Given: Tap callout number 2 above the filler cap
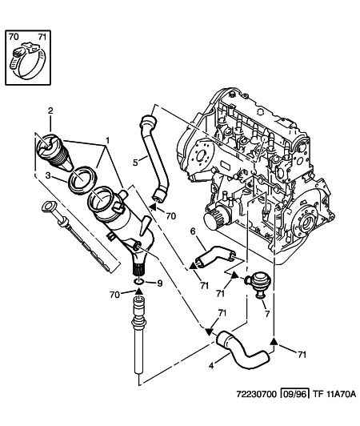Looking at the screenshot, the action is (50, 111).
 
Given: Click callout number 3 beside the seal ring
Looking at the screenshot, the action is (48, 175).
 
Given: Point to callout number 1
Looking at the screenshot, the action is (108, 140).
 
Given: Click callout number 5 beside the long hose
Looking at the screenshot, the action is (136, 163).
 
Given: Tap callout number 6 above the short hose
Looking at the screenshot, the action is (193, 231).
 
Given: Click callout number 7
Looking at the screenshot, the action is (267, 314).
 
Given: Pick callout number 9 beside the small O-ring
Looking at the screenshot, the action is (160, 283).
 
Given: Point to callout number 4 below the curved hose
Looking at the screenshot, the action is (211, 366).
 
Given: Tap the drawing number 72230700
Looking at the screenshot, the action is (257, 394).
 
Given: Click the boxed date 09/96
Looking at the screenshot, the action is (294, 394).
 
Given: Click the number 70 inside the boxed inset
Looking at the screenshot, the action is (14, 36).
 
